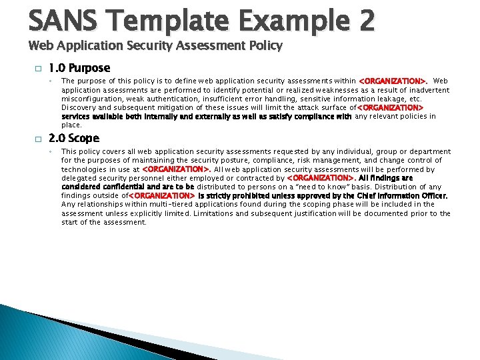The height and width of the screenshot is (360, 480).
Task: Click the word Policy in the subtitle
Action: (x=266, y=46)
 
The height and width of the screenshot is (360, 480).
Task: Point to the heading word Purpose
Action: (x=89, y=68)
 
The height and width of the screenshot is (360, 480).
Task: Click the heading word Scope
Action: (x=83, y=139)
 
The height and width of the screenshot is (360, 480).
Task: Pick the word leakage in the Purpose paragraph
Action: (x=392, y=99)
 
